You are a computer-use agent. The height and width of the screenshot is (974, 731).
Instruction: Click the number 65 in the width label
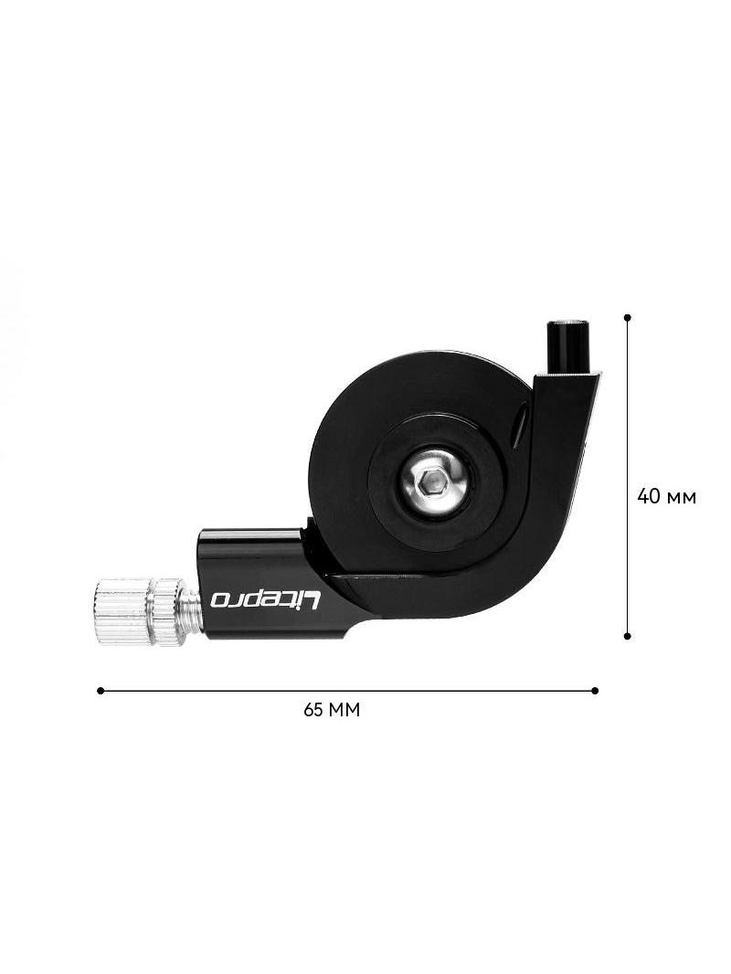coord(313,709)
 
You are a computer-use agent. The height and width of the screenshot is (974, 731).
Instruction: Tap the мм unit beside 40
coord(682,498)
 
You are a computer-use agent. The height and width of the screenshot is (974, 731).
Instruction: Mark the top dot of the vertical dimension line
coord(627,317)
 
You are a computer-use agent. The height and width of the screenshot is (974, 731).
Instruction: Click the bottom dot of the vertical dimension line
coord(627,636)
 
